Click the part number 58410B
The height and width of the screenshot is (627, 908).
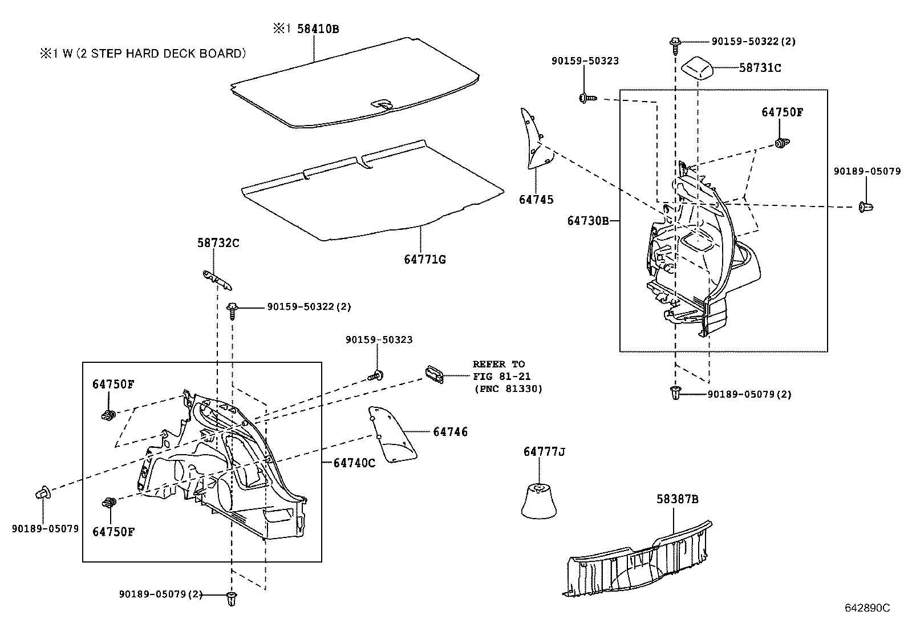318,29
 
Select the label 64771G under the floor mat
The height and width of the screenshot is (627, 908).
424,260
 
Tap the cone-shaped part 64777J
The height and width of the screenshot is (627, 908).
538,500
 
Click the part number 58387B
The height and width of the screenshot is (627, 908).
677,499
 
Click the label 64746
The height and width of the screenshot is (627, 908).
450,432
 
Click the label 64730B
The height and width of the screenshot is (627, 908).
588,221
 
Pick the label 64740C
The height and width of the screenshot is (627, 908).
354,463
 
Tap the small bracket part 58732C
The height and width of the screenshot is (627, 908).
218,279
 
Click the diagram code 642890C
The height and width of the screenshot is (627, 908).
867,608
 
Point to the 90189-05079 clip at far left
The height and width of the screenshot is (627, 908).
44,492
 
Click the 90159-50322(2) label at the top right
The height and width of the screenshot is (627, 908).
753,41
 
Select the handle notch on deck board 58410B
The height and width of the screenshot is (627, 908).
382,104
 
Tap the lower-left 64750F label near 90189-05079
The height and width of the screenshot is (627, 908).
113,532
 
